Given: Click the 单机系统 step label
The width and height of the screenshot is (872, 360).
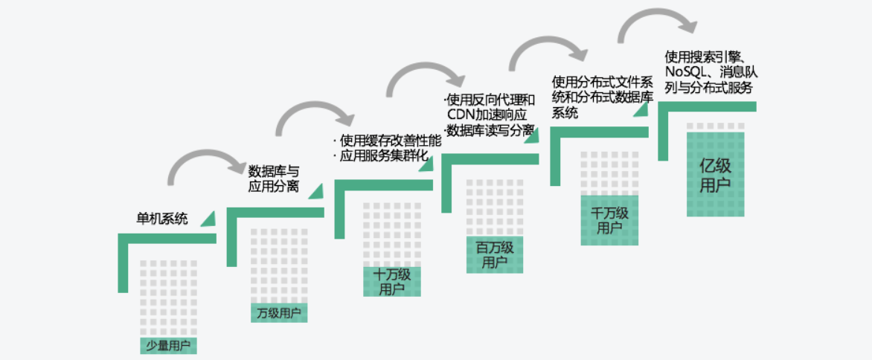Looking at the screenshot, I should (161, 219).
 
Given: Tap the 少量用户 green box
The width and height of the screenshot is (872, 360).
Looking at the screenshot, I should (168, 345).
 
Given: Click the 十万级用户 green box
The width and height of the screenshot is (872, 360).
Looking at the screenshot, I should (391, 281).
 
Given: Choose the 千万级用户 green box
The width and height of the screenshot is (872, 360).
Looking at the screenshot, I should (609, 220).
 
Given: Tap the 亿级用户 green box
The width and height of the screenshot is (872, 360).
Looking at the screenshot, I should (715, 175).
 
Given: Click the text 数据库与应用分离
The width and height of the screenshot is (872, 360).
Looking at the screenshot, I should (273, 178).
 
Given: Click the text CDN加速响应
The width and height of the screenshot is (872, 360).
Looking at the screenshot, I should (487, 115).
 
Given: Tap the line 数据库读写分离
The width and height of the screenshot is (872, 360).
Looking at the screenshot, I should (489, 130).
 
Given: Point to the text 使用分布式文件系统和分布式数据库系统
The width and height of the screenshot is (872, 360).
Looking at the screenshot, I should (603, 97).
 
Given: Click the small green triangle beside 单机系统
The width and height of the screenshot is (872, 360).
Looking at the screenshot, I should (208, 218).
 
